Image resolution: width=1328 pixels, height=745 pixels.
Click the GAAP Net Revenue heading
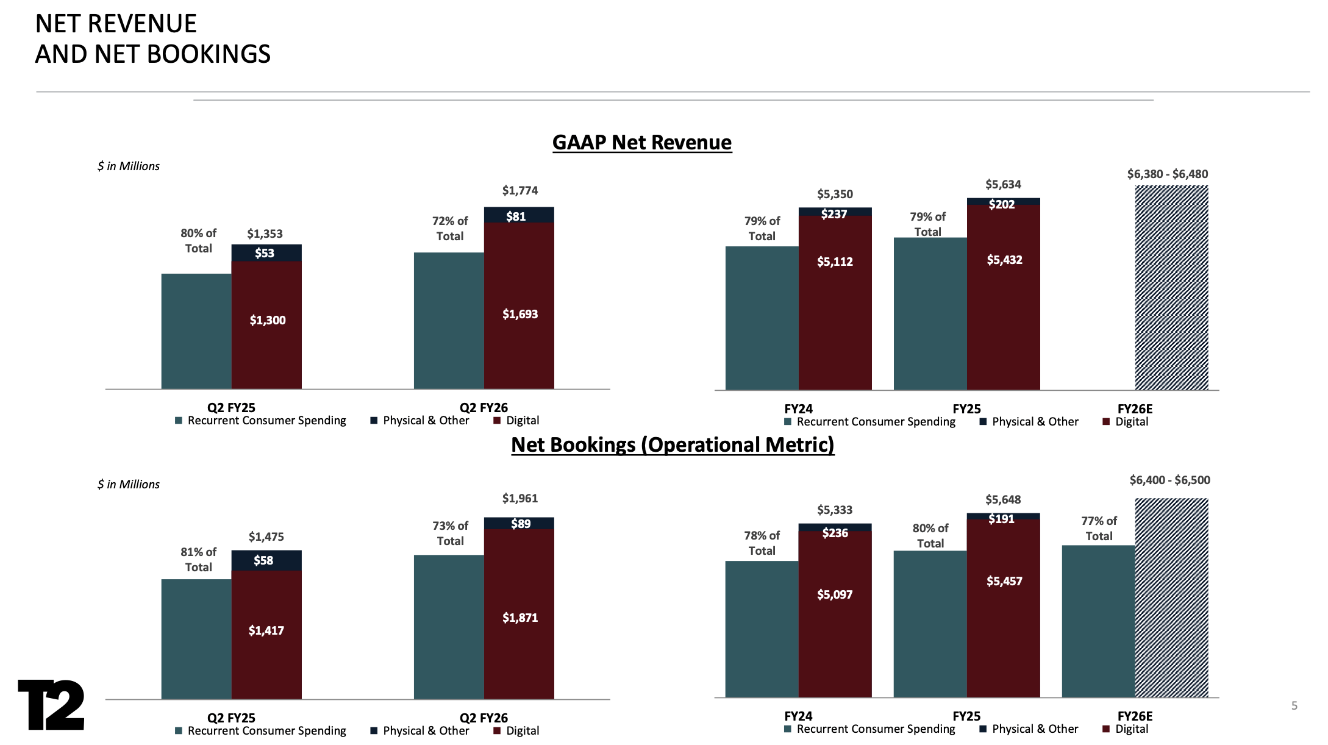(x=641, y=142)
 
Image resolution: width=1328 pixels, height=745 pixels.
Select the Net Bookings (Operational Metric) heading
(x=672, y=444)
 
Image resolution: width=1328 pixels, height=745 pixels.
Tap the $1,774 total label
(x=519, y=191)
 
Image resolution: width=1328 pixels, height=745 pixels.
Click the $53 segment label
(x=265, y=253)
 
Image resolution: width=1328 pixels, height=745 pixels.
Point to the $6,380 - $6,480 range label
(x=1167, y=174)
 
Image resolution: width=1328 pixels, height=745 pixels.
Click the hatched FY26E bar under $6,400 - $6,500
(x=1171, y=597)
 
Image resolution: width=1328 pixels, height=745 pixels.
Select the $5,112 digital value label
(x=835, y=262)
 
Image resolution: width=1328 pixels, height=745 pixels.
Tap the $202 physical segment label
(x=1002, y=204)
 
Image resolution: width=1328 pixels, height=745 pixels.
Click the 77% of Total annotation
(x=1099, y=529)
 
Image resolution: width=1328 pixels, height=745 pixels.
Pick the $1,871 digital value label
(x=519, y=618)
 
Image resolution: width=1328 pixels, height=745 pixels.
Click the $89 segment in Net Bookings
(x=520, y=524)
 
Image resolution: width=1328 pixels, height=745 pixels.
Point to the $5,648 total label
(x=1003, y=500)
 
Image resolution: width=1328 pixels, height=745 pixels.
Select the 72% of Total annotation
(x=450, y=229)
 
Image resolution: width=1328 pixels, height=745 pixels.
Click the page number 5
(x=1294, y=706)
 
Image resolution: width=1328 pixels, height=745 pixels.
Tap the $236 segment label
(x=835, y=533)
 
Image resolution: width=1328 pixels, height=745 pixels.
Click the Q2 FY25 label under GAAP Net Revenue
(x=231, y=407)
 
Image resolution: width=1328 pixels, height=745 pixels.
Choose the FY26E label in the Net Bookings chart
(x=1134, y=716)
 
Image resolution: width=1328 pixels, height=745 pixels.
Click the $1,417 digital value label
(x=266, y=630)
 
